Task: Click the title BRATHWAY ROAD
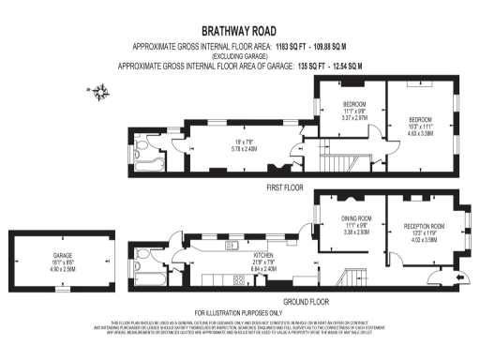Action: click(239, 31)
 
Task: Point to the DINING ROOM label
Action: click(356, 217)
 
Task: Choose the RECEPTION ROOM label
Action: click(423, 226)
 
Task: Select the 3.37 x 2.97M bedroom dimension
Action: click(353, 118)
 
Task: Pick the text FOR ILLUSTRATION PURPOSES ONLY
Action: click(238, 312)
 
